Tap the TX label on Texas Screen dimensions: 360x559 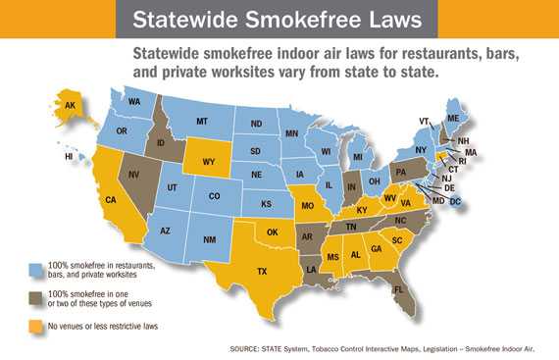tap(263, 271)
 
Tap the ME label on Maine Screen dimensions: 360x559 tap(480, 118)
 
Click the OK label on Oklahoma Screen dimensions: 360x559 tap(275, 232)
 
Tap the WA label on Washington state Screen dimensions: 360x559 tap(134, 101)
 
